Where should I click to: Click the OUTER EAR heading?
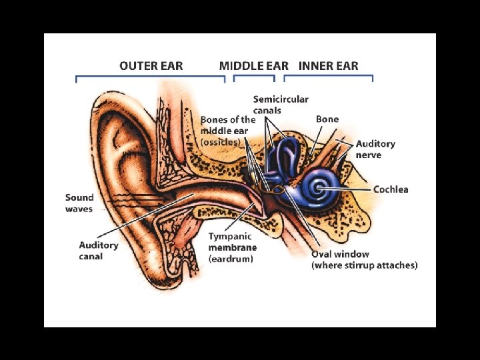(151, 66)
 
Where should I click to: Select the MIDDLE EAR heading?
(253, 66)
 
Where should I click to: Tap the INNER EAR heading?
(328, 66)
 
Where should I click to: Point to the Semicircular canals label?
(281, 105)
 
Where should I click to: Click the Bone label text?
(327, 119)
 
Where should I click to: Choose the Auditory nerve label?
(375, 149)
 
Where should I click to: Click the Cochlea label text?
(391, 189)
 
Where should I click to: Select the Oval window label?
(340, 254)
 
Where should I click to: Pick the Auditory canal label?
(99, 251)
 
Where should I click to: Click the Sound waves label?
(79, 203)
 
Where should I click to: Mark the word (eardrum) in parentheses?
(231, 259)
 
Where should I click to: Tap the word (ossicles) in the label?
(220, 142)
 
